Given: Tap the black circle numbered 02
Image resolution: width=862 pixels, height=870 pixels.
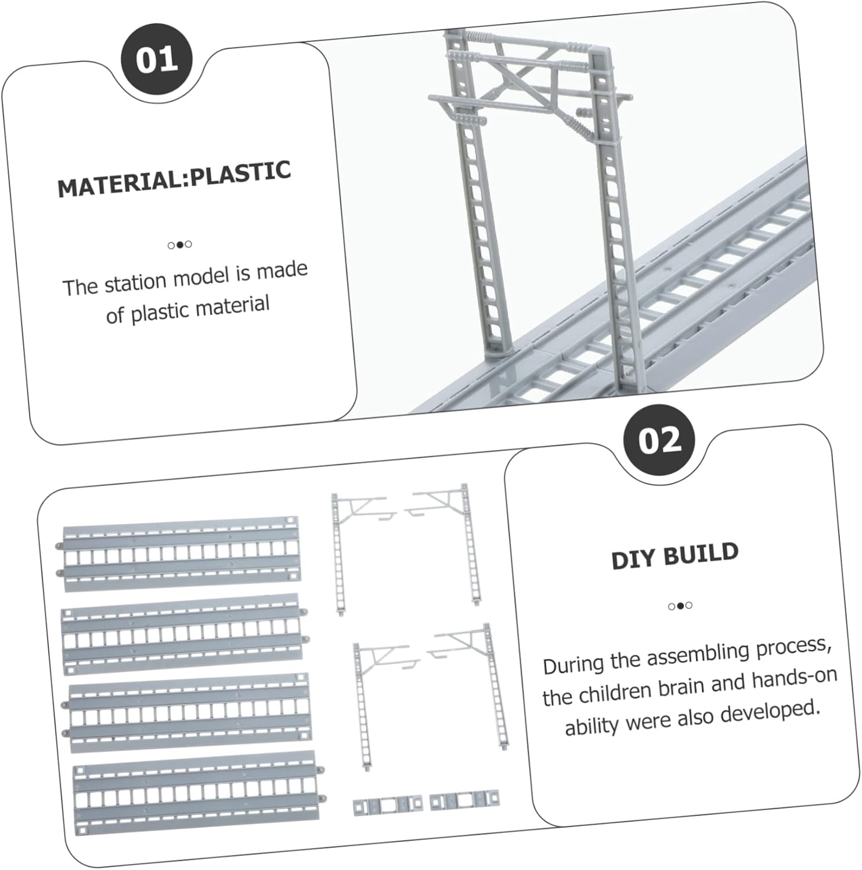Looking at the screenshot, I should (659, 440).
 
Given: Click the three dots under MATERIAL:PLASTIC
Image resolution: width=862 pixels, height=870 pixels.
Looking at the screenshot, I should (179, 245).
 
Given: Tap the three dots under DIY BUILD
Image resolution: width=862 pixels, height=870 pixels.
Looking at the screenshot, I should (680, 606).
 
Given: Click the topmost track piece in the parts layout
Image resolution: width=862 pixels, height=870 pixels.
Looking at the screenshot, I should (181, 554).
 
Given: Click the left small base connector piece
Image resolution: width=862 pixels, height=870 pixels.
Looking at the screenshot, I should (387, 806).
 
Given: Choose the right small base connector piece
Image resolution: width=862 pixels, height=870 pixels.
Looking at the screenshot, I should (464, 801).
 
